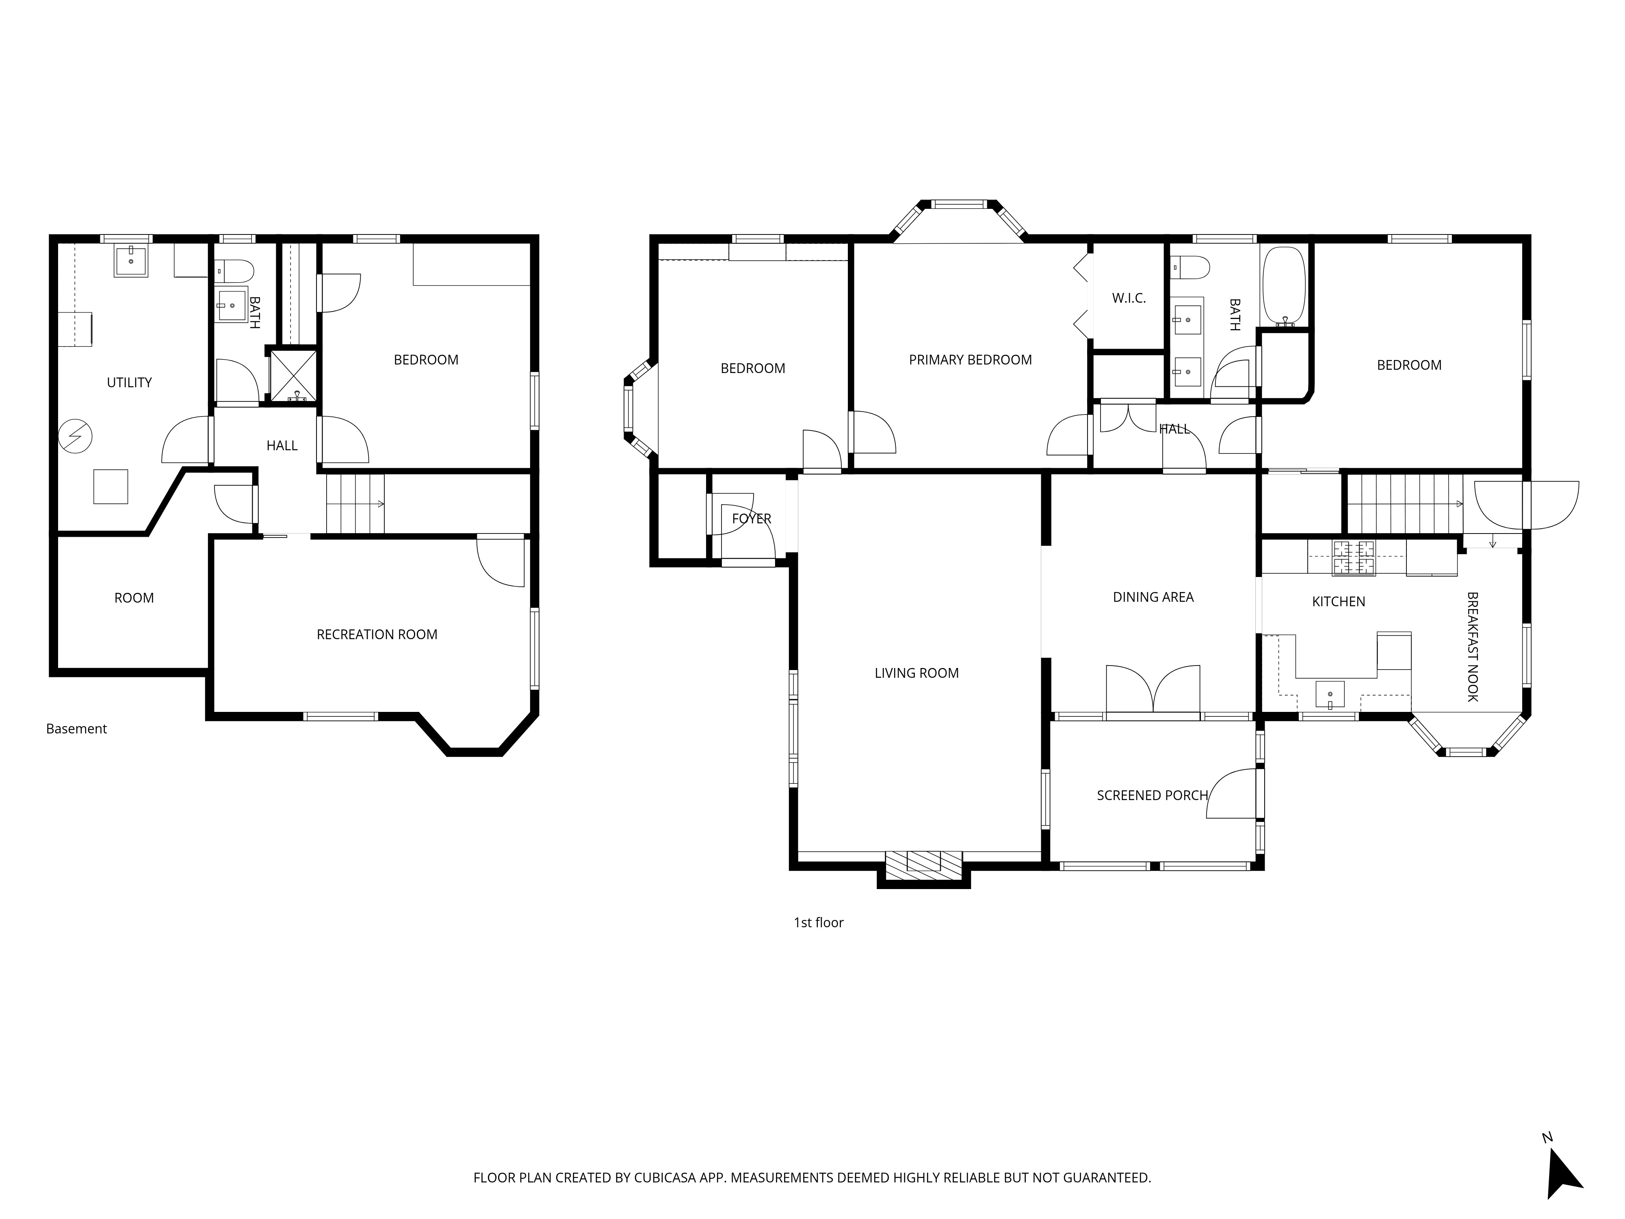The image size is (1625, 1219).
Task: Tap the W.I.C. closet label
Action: coord(1129,298)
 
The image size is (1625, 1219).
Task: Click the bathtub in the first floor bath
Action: coord(1284,286)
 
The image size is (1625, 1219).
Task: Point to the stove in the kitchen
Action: coord(1353,558)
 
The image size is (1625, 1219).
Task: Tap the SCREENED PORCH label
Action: coord(1152,796)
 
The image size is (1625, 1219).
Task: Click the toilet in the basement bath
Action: coord(234,271)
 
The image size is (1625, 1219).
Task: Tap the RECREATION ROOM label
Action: coord(377,635)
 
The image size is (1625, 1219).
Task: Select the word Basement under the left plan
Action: coord(76,729)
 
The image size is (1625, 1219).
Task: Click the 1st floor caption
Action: coord(818,923)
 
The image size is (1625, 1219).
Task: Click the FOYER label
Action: coord(752,519)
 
